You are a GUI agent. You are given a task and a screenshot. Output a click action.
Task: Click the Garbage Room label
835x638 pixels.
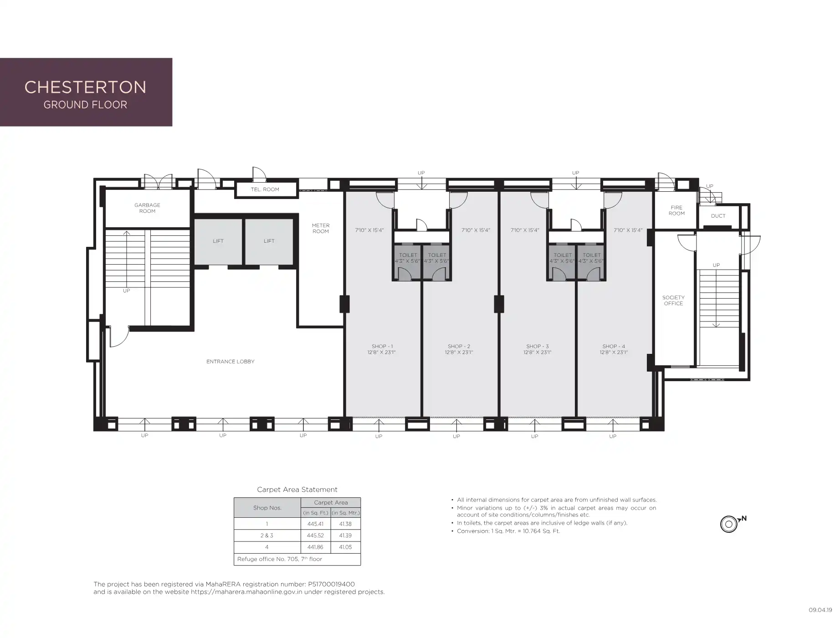click(147, 208)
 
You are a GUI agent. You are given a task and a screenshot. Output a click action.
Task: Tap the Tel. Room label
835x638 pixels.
click(265, 189)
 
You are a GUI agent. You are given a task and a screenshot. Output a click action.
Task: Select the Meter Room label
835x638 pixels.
click(321, 228)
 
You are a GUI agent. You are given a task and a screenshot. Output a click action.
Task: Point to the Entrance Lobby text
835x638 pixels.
click(230, 362)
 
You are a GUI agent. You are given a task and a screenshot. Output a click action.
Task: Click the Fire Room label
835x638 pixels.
click(676, 210)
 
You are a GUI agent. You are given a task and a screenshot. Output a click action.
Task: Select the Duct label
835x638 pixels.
click(718, 216)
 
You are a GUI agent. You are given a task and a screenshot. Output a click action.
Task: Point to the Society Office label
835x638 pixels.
click(673, 301)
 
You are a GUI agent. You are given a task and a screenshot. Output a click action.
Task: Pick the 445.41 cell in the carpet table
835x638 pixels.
click(315, 524)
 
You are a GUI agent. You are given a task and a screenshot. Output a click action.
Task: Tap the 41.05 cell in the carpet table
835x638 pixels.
click(345, 547)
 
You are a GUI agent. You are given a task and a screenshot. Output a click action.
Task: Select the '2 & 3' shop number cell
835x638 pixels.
click(267, 536)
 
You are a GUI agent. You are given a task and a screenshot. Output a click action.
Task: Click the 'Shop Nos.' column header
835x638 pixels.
click(267, 508)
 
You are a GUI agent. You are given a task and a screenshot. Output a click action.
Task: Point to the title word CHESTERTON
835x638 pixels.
click(85, 87)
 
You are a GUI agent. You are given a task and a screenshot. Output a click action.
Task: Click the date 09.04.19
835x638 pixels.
click(820, 610)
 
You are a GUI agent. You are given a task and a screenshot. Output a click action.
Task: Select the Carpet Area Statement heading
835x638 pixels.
click(297, 490)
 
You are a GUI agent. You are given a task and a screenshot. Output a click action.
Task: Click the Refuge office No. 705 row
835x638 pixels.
click(297, 559)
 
